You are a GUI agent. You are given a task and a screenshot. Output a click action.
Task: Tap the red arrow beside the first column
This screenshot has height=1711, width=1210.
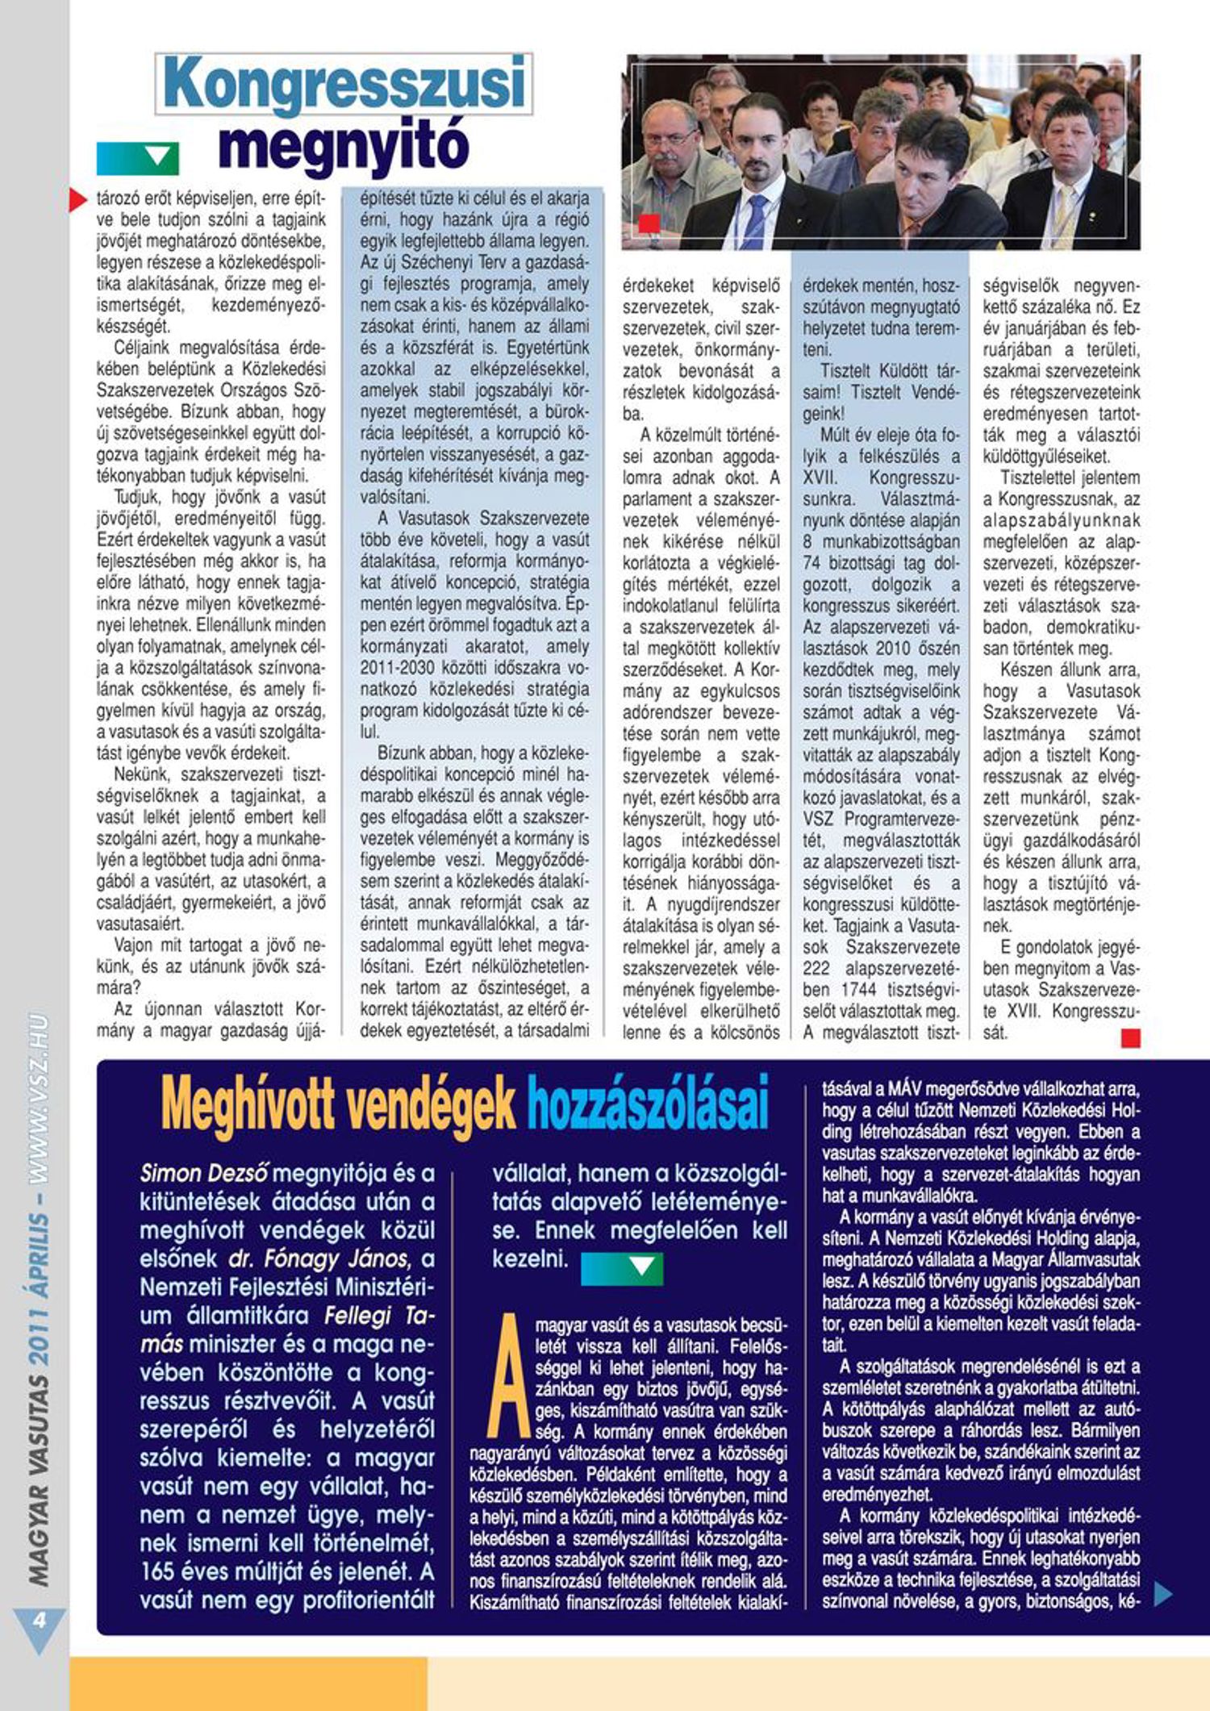click(78, 199)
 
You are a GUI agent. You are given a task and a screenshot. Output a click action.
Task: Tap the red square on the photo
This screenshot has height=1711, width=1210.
click(649, 223)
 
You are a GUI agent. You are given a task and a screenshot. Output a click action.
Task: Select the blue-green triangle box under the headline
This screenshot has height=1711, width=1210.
click(138, 159)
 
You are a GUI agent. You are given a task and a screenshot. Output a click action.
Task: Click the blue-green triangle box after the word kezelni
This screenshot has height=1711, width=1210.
click(622, 1268)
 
